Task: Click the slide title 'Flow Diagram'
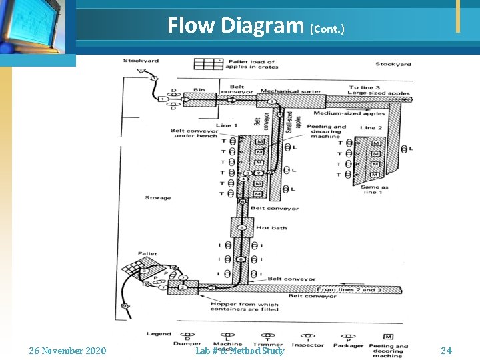[235, 25]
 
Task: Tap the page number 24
[446, 350]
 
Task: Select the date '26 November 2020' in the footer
[67, 350]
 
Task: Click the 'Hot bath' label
[271, 228]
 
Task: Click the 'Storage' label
[157, 198]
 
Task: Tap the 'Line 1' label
[226, 125]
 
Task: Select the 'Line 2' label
[371, 127]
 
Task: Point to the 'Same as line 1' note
[375, 190]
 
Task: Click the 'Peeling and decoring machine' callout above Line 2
[327, 131]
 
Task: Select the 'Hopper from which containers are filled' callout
[244, 307]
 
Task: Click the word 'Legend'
[159, 333]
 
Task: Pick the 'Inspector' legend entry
[307, 345]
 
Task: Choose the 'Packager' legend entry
[348, 345]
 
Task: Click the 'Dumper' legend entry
[188, 345]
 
